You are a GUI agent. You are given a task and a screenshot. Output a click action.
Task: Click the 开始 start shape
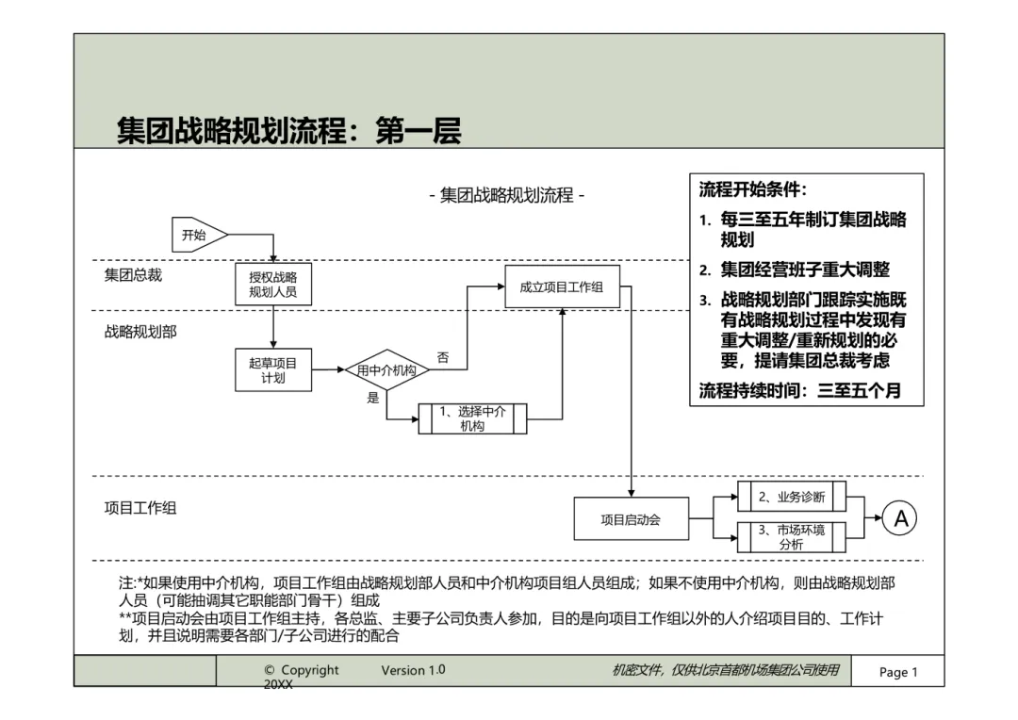(x=197, y=236)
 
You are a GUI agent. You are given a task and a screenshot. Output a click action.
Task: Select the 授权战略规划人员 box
(x=272, y=285)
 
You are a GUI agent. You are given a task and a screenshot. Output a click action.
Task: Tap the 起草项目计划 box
(x=272, y=370)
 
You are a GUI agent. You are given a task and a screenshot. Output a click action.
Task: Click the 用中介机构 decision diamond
(x=386, y=371)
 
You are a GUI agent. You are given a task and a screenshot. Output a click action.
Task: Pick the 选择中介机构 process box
(x=472, y=418)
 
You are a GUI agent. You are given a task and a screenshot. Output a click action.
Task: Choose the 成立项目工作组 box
(x=562, y=286)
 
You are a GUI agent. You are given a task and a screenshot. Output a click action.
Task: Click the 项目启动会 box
(x=631, y=519)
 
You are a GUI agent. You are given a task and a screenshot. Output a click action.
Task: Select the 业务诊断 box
(x=792, y=497)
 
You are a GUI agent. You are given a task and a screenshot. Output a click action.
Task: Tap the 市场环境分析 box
(x=792, y=537)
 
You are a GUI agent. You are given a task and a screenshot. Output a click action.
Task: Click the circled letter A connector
(x=901, y=518)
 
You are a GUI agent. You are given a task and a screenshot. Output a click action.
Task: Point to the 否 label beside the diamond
(x=442, y=358)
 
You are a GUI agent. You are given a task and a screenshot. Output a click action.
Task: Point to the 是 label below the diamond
(x=372, y=398)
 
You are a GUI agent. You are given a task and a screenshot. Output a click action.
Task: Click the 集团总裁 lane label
(x=133, y=275)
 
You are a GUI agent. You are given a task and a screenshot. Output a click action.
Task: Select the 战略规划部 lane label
(x=140, y=332)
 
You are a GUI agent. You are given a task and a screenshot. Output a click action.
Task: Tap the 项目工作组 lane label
(x=140, y=508)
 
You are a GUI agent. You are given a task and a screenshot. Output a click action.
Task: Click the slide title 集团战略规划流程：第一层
(x=288, y=131)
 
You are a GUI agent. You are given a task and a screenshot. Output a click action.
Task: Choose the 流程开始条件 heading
(x=753, y=189)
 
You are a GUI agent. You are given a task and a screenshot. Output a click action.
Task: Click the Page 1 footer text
(x=897, y=672)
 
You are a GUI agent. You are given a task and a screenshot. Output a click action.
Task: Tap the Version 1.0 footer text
(x=413, y=670)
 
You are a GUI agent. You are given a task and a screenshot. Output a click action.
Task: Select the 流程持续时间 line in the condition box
(x=799, y=390)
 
